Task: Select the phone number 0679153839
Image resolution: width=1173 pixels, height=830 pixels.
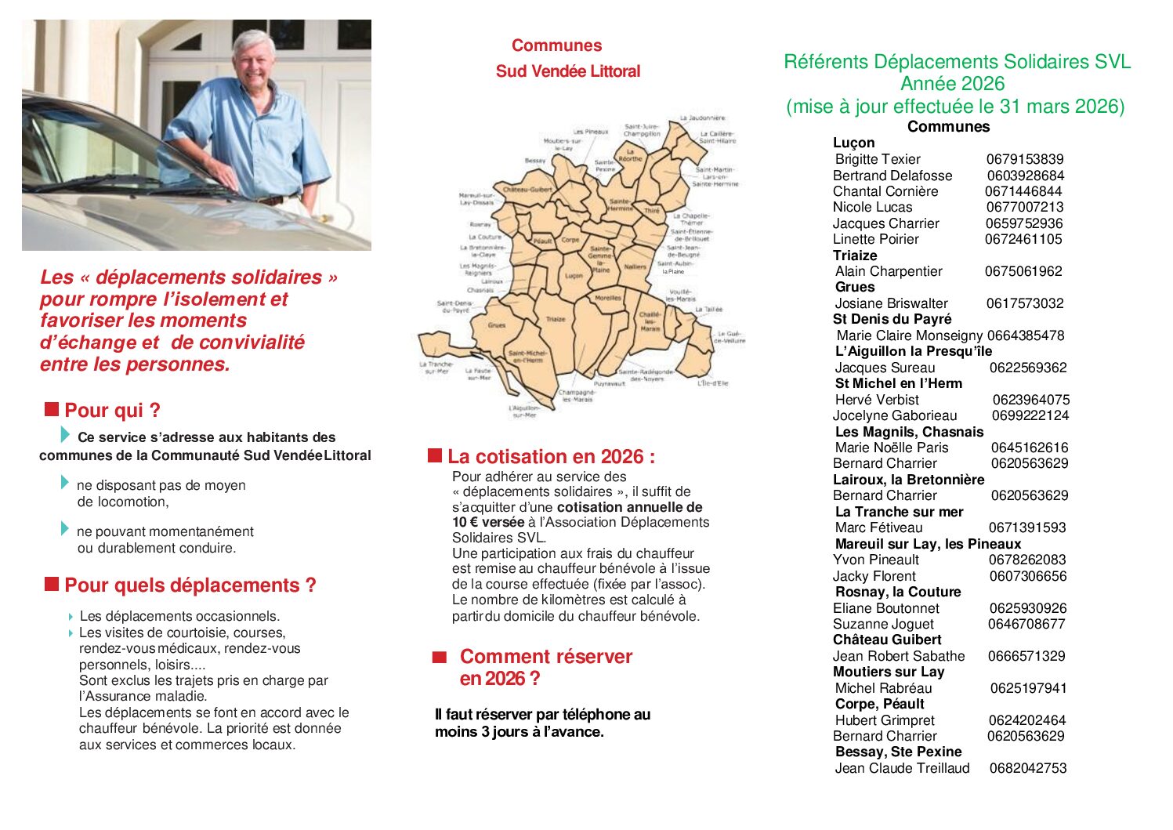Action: click(x=1025, y=159)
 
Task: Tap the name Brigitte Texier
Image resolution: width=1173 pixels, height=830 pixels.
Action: click(x=878, y=159)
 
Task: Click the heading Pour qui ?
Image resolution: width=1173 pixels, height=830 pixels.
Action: click(x=112, y=411)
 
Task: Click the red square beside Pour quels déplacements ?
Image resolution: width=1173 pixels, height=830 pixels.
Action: click(x=52, y=584)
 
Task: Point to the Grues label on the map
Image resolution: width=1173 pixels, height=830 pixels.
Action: click(x=497, y=324)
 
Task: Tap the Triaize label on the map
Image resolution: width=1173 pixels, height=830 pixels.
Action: click(x=556, y=319)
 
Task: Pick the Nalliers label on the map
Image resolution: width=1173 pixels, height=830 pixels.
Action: click(x=635, y=266)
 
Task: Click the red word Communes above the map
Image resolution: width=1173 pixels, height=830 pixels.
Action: click(x=556, y=45)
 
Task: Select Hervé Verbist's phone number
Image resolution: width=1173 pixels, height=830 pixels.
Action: click(x=1030, y=400)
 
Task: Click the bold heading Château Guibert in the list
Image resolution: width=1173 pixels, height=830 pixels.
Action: click(x=887, y=640)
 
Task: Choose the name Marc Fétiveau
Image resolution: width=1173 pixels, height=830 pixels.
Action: click(x=878, y=527)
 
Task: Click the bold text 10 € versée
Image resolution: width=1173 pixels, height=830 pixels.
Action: click(x=488, y=522)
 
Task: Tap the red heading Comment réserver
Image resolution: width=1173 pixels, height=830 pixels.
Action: click(x=545, y=657)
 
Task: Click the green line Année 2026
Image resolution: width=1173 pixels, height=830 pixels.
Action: click(x=952, y=84)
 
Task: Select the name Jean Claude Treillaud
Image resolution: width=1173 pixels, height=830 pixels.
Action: click(x=902, y=768)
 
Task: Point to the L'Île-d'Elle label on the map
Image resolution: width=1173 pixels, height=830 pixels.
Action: click(x=712, y=383)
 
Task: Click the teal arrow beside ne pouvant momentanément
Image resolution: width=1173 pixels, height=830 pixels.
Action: click(x=65, y=529)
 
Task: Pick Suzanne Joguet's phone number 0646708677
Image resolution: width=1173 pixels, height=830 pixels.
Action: click(x=1026, y=624)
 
